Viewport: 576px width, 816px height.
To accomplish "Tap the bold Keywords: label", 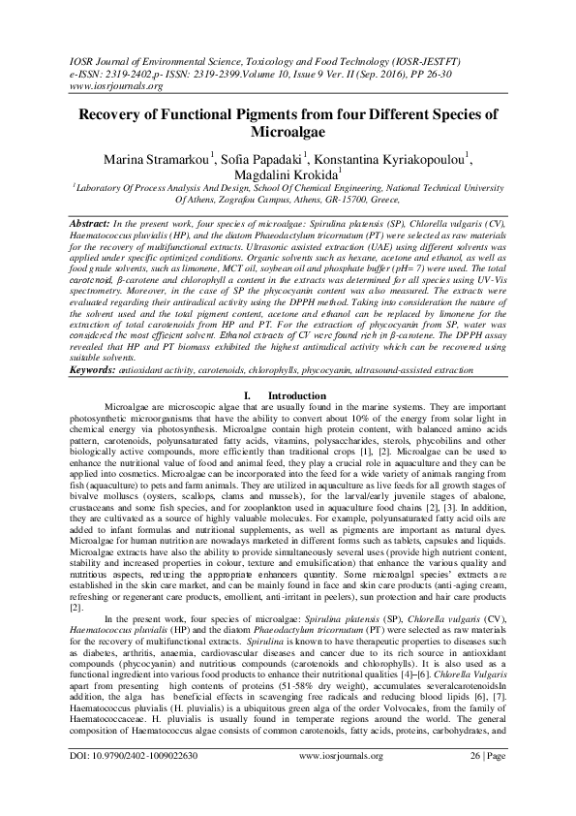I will pos(95,397).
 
